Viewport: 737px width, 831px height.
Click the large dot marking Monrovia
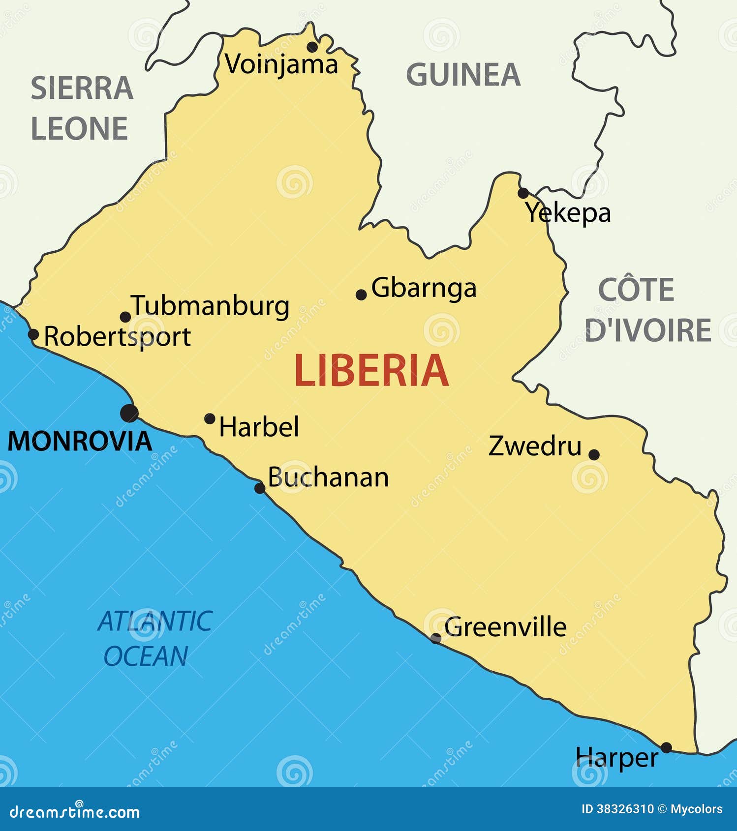point(129,413)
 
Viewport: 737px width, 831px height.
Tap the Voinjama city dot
point(312,47)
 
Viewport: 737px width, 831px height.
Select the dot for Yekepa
point(523,193)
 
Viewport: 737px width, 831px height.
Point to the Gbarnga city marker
point(361,295)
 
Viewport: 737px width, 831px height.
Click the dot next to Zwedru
point(594,454)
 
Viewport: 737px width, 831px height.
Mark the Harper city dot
point(666,747)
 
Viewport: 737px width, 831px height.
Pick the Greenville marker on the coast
point(435,638)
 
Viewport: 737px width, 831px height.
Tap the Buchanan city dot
point(260,488)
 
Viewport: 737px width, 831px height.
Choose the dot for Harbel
point(210,419)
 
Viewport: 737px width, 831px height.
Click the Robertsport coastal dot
point(33,334)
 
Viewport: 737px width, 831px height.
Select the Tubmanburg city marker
point(125,317)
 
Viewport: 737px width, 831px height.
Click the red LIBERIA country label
point(371,371)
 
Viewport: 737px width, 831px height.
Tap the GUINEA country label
point(463,75)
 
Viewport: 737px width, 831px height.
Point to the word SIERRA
point(82,89)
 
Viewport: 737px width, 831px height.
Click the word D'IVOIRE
point(648,330)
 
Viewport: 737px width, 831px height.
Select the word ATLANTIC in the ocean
point(155,621)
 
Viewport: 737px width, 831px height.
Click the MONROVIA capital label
point(80,441)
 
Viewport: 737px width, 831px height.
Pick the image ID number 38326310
point(625,809)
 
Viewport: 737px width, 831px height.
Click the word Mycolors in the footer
point(697,809)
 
